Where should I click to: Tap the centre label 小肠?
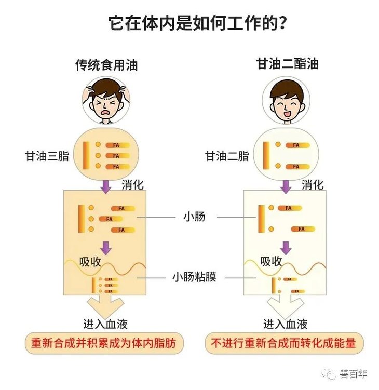click(194, 216)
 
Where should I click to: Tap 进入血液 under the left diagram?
click(105, 324)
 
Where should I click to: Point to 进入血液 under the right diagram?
click(286, 324)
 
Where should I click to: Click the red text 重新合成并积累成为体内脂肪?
click(106, 343)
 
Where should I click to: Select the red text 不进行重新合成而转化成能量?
click(286, 343)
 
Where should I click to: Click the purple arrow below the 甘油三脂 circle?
click(106, 186)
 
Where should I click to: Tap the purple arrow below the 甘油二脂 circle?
click(286, 186)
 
